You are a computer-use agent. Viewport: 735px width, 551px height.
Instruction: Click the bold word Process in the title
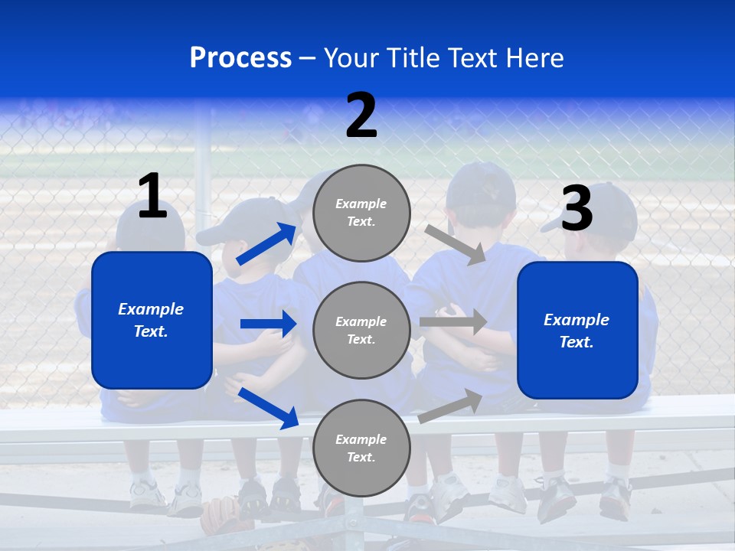pyautogui.click(x=240, y=58)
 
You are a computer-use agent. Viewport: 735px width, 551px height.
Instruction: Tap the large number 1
pyautogui.click(x=152, y=197)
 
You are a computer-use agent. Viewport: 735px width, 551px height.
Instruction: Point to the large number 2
pyautogui.click(x=361, y=116)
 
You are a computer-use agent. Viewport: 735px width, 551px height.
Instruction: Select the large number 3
pyautogui.click(x=577, y=209)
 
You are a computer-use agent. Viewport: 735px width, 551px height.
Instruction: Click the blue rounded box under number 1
pyautogui.click(x=152, y=320)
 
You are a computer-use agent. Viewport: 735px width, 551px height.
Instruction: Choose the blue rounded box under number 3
pyautogui.click(x=577, y=331)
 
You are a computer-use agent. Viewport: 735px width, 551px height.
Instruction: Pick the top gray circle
pyautogui.click(x=361, y=213)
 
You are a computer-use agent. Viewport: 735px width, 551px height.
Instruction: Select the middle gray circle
pyautogui.click(x=361, y=331)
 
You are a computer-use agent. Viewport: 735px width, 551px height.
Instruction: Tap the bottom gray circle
pyautogui.click(x=361, y=448)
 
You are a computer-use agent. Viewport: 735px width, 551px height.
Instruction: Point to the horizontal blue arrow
pyautogui.click(x=268, y=324)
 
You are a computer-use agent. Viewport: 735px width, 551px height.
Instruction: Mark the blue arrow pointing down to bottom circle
pyautogui.click(x=268, y=407)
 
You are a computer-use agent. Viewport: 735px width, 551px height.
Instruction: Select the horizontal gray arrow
pyautogui.click(x=452, y=322)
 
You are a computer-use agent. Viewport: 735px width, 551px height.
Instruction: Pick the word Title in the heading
pyautogui.click(x=413, y=58)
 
